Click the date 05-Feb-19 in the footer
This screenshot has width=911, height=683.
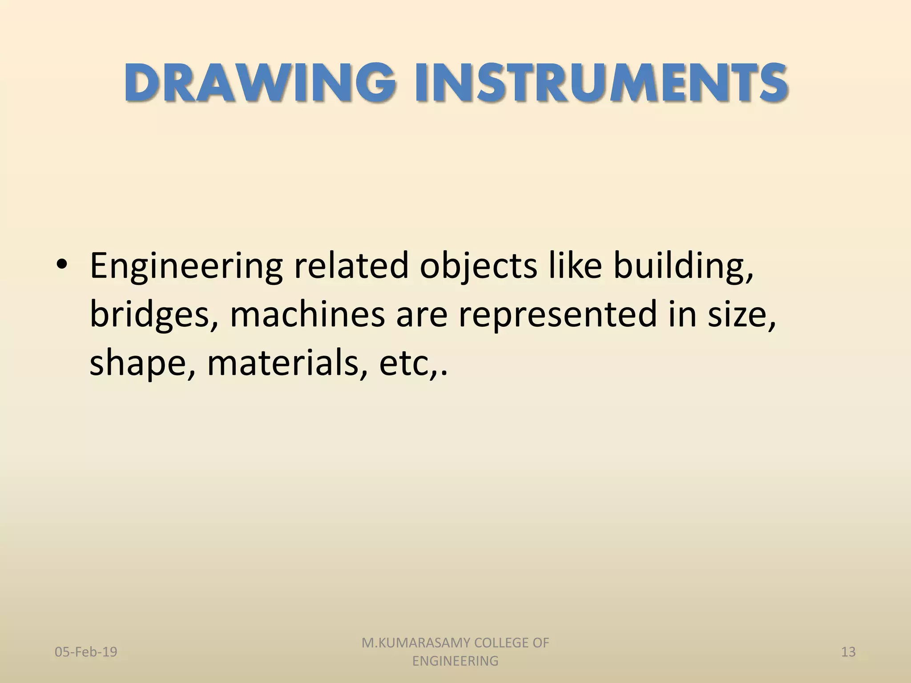pyautogui.click(x=86, y=652)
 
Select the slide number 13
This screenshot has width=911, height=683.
pyautogui.click(x=848, y=652)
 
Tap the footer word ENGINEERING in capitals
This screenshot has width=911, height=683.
pyautogui.click(x=455, y=661)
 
